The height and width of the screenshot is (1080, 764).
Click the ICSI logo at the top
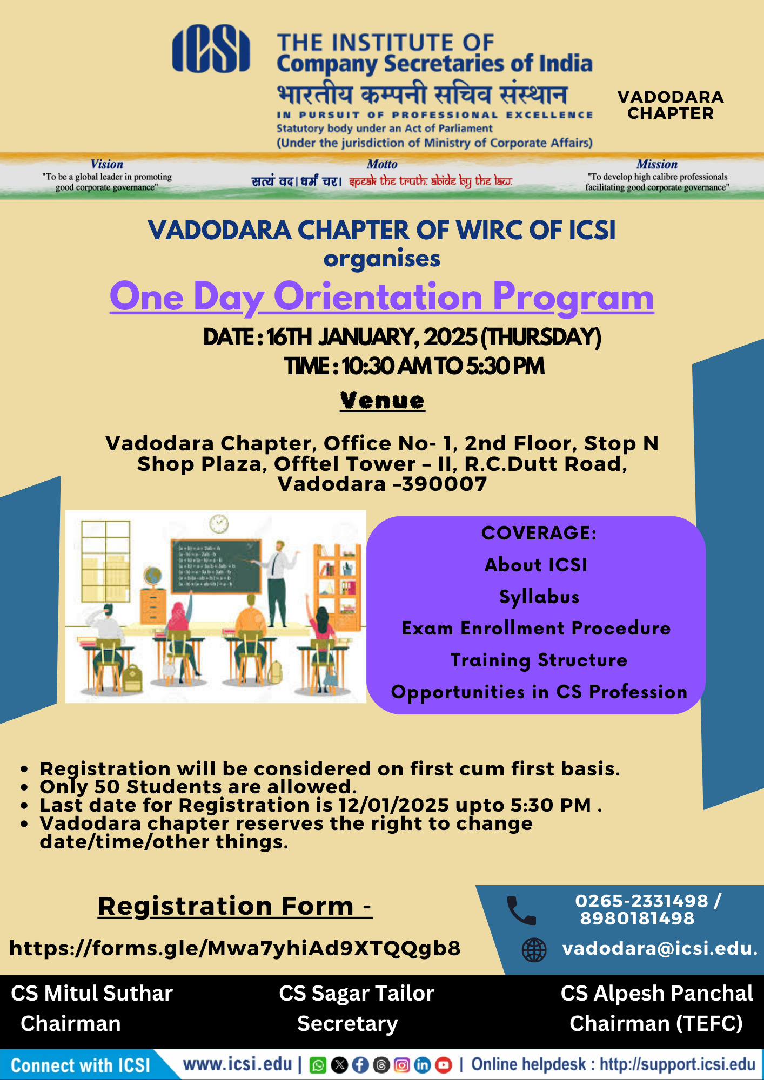(211, 49)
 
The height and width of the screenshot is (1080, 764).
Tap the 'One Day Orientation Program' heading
(382, 297)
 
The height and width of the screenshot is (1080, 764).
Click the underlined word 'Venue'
(383, 401)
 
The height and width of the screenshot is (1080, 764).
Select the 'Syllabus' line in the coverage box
(539, 597)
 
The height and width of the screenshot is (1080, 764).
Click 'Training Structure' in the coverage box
(539, 660)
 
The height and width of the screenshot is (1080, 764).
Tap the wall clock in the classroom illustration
(219, 523)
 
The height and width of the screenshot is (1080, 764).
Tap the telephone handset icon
(521, 910)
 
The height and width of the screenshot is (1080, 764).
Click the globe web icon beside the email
(534, 950)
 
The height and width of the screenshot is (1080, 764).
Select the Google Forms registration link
(235, 948)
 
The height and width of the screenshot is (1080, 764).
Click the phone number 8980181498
(637, 918)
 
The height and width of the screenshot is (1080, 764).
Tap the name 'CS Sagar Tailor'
(357, 994)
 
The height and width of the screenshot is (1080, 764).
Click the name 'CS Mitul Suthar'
(92, 994)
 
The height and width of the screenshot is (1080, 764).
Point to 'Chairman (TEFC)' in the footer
(656, 1024)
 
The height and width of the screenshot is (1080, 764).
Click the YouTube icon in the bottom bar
(444, 1065)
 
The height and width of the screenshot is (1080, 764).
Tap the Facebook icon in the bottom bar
(360, 1065)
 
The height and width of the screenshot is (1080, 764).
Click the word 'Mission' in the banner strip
(656, 164)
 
